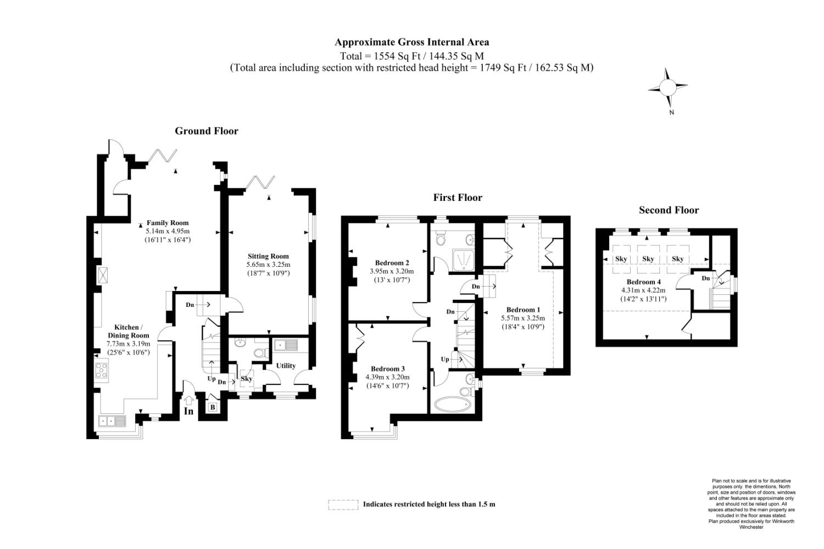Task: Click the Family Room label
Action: click(168, 223)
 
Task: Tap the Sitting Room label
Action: click(268, 256)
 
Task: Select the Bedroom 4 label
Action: click(643, 282)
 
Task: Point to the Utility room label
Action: click(286, 366)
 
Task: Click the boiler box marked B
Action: click(213, 407)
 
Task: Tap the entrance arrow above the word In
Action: click(189, 400)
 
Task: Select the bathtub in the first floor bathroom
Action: click(453, 405)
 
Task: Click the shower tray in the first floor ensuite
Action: click(463, 260)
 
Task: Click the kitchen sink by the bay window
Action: click(112, 421)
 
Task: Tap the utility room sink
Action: click(286, 345)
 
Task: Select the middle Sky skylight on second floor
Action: click(648, 259)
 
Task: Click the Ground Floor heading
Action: click(207, 131)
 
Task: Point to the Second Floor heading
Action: click(669, 210)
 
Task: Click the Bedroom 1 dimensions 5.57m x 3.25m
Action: click(523, 318)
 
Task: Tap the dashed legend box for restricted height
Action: click(343, 505)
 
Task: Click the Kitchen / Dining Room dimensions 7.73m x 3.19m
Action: click(129, 344)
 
